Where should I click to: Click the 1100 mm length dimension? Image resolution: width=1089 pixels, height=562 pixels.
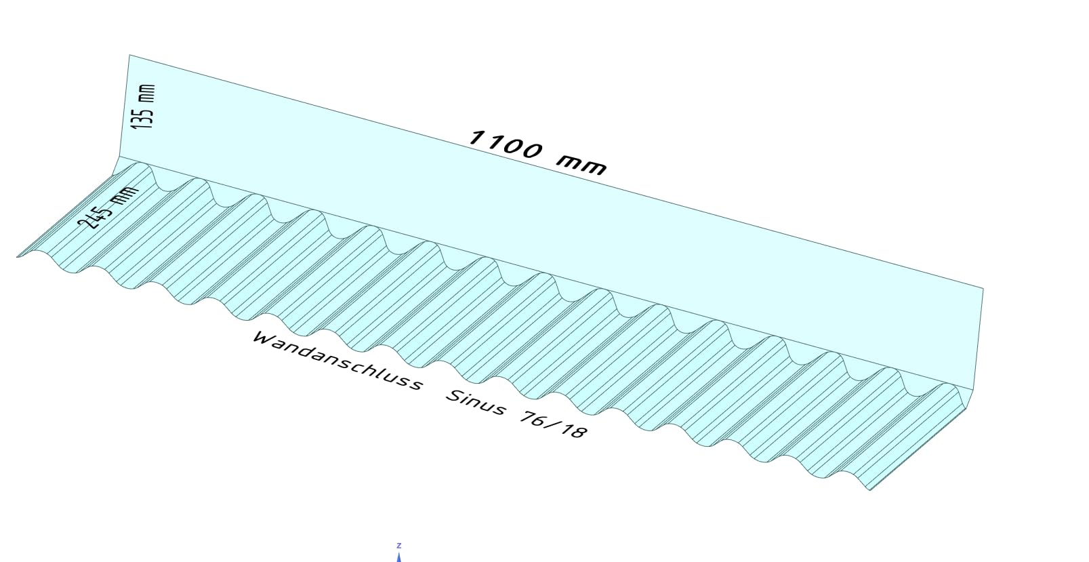[x=537, y=152]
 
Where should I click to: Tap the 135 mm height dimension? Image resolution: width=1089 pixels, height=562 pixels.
[x=144, y=106]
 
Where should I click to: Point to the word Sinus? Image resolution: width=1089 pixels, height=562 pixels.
[x=476, y=402]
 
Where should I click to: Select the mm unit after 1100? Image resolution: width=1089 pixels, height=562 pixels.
[x=581, y=165]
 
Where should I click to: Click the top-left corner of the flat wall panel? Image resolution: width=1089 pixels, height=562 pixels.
[x=129, y=55]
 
